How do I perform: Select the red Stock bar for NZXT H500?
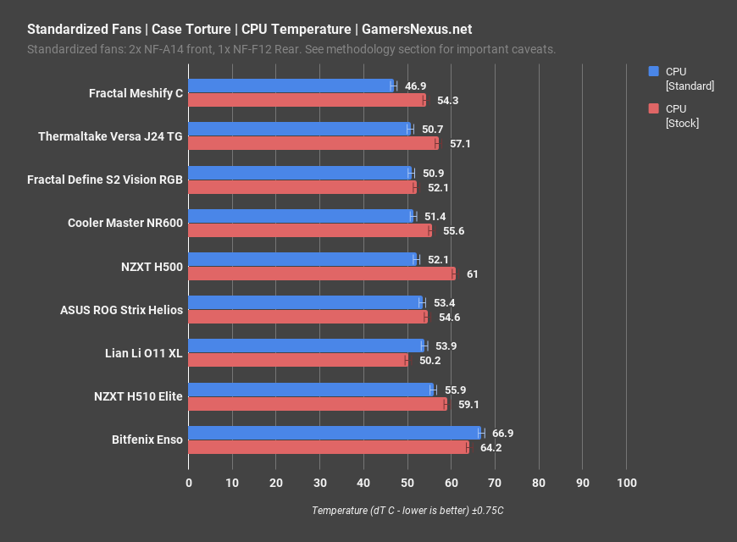click(321, 274)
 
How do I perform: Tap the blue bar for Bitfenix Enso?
click(334, 433)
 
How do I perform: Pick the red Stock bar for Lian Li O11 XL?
click(297, 361)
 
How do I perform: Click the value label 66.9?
click(502, 433)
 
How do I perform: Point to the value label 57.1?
click(460, 144)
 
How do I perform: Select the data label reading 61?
click(473, 274)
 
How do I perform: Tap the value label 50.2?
click(429, 361)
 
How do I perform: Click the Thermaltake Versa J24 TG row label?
click(110, 136)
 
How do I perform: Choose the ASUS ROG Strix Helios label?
click(121, 310)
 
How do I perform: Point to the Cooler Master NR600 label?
click(125, 223)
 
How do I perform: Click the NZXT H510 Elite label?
click(138, 396)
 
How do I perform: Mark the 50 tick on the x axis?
click(407, 483)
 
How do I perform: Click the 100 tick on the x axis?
click(626, 483)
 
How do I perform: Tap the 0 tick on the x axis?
click(189, 483)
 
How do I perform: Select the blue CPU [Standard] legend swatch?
click(653, 72)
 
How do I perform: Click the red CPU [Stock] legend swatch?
click(653, 108)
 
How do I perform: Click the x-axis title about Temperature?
click(407, 511)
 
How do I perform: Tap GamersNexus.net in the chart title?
click(417, 30)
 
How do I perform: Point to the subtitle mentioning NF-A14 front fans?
click(291, 49)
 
